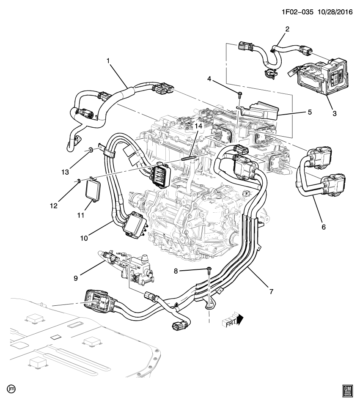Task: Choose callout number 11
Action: pos(81,215)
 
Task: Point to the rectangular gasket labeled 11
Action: pos(93,191)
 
